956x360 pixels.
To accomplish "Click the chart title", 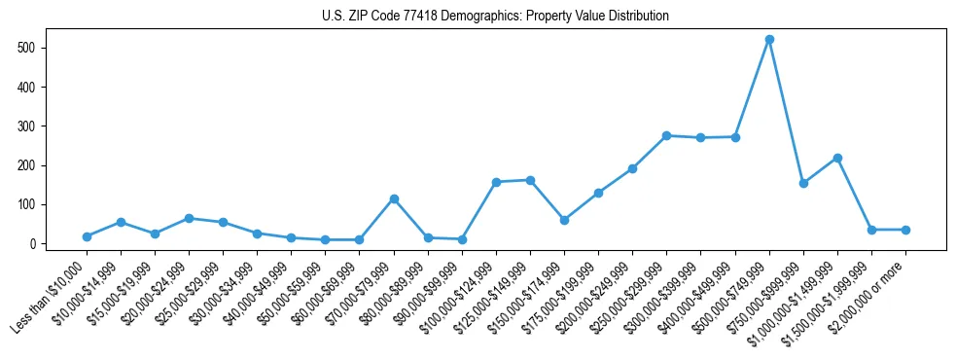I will [495, 17].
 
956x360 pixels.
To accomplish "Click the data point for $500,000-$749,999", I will [769, 40].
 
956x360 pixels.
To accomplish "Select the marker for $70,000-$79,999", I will [394, 198].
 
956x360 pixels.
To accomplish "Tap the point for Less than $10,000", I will [88, 236].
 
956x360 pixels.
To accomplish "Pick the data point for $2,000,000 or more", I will [905, 230].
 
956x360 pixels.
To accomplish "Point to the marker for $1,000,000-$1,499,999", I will [837, 158].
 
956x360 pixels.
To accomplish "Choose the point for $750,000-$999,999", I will [803, 183].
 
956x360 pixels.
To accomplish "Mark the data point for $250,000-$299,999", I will [666, 136].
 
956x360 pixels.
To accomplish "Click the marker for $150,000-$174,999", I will [564, 220].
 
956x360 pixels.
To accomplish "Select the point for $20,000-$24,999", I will [190, 218].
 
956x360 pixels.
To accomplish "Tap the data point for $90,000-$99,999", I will [462, 239].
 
